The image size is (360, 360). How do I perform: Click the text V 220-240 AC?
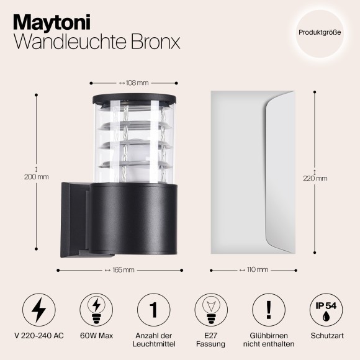[x=38, y=336]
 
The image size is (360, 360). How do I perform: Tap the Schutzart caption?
[x=325, y=336]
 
